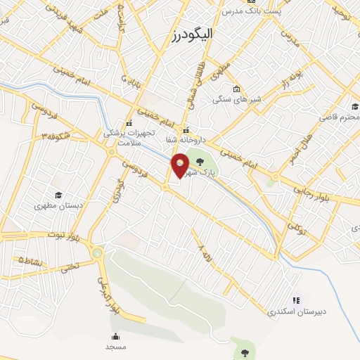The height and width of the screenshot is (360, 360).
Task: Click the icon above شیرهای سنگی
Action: [236, 89]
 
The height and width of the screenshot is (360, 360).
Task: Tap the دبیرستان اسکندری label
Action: [290, 310]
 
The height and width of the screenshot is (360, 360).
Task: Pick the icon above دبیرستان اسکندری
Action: [295, 300]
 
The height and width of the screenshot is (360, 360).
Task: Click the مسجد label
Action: [115, 347]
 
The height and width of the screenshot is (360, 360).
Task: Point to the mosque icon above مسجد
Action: [115, 336]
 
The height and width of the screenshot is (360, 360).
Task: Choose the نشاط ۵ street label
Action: [30, 261]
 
